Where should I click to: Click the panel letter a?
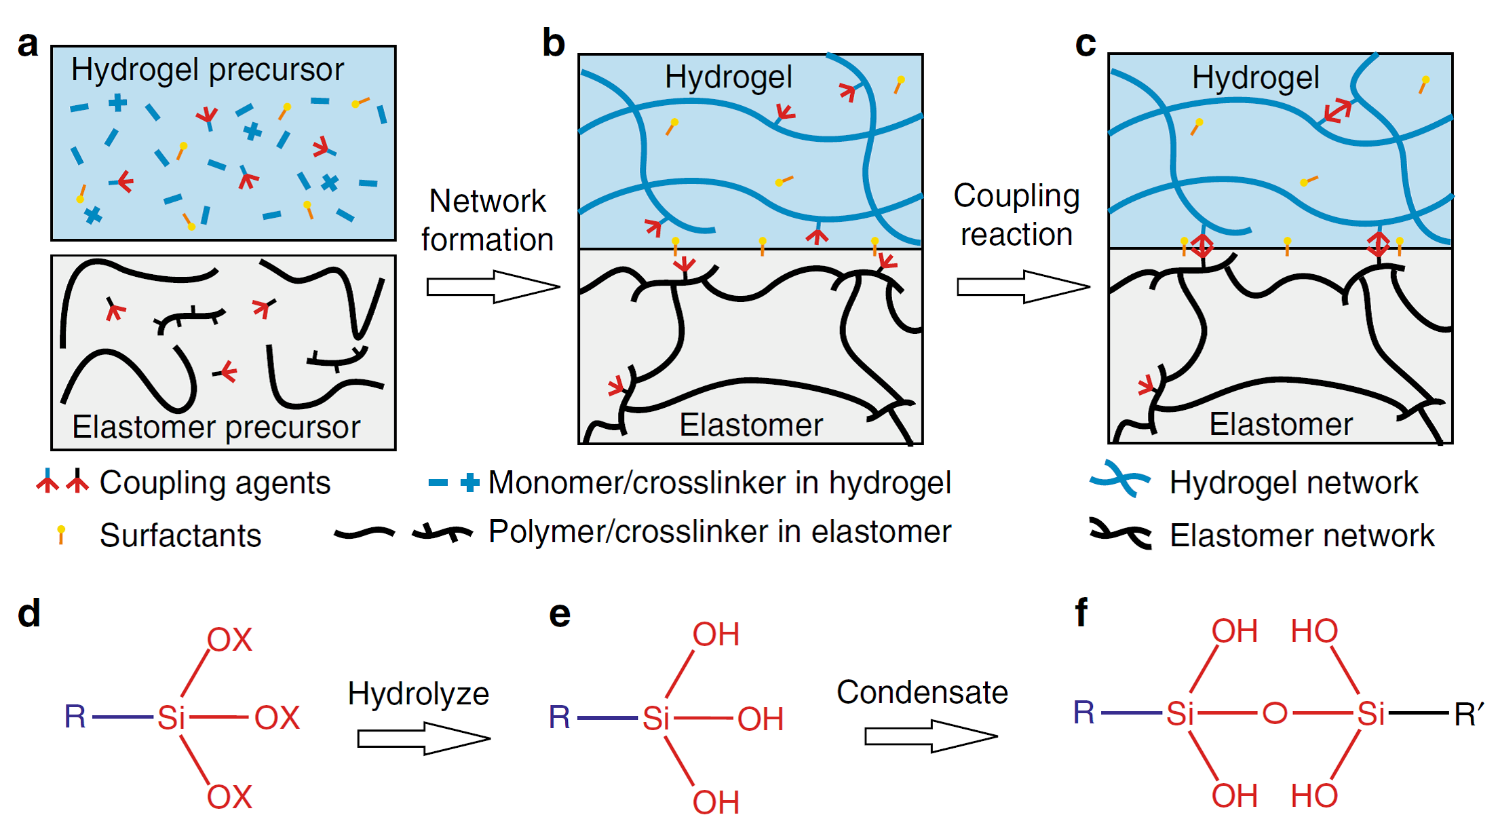tap(28, 45)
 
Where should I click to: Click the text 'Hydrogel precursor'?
tap(208, 70)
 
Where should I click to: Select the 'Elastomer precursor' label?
tap(216, 427)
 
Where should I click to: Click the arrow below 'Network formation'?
tap(493, 286)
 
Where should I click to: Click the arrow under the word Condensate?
tap(930, 736)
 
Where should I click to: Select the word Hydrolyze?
tap(418, 694)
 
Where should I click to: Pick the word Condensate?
tap(922, 693)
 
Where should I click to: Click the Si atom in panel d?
tap(171, 717)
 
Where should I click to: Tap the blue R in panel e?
tap(560, 717)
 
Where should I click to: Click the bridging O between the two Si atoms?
tap(1275, 713)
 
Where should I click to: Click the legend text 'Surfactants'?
tap(180, 535)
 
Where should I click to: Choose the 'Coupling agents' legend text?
tap(214, 483)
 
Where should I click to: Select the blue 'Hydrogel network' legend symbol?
tap(1119, 479)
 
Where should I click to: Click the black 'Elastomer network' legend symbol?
tap(1120, 533)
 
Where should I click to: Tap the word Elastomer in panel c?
tap(1280, 425)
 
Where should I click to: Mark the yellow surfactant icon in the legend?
tap(61, 534)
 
